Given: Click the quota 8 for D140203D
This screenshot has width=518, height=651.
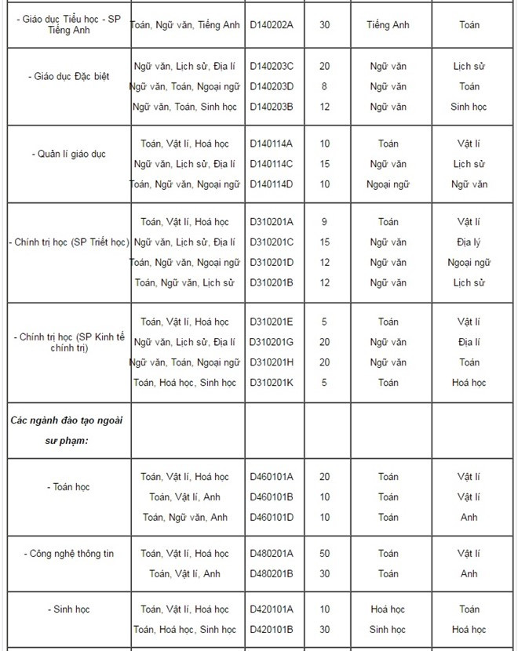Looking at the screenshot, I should [x=324, y=86].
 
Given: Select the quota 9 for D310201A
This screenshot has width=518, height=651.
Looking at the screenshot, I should [x=324, y=222].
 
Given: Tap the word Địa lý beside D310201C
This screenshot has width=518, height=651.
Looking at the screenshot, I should [x=469, y=242].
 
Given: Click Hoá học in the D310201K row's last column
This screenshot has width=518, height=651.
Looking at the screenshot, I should [x=469, y=383].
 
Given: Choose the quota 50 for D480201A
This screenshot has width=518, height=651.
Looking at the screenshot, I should [x=324, y=554].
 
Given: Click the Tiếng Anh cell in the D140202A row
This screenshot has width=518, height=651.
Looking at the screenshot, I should [x=388, y=25].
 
